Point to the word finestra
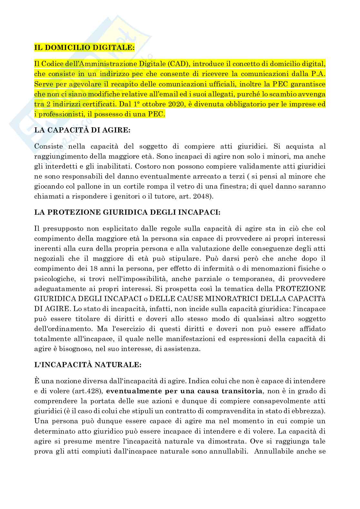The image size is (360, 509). [205, 187]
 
